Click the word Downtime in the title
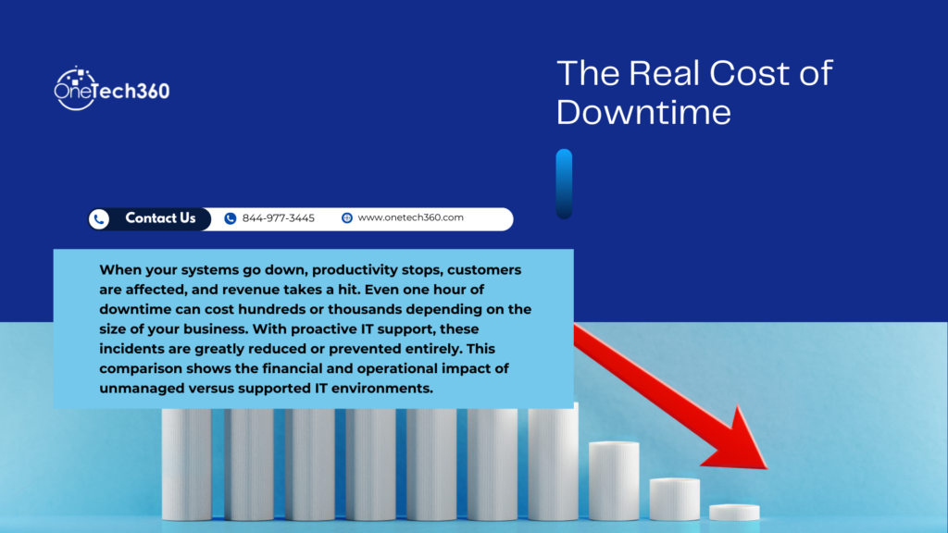(643, 111)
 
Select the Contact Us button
(160, 218)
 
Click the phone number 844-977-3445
(278, 218)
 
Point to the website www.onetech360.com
(410, 218)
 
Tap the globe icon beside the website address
(347, 218)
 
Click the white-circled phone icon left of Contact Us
(99, 219)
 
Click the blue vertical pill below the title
(564, 183)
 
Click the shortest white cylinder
(734, 512)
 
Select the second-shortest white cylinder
(674, 498)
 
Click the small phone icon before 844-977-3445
(231, 218)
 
